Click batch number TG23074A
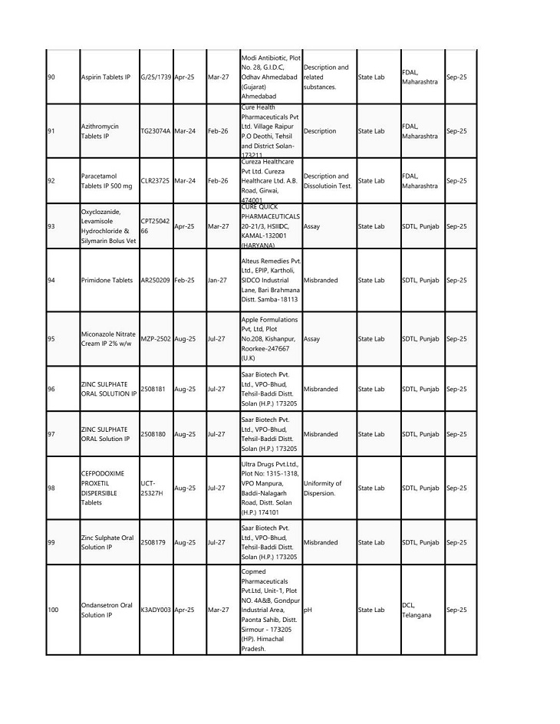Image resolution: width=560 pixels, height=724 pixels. coord(156,131)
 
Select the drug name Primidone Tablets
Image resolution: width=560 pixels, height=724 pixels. coord(107,281)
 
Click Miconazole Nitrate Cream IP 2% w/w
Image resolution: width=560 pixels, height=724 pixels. coord(107,338)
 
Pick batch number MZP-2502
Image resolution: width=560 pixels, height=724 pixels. coord(156,338)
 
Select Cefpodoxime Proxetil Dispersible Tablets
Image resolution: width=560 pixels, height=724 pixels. coord(102,488)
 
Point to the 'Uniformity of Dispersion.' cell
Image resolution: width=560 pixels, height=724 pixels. coord(323,488)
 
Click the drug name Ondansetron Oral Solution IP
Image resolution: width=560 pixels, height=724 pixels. coord(107,610)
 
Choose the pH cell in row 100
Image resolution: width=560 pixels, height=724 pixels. coord(307,610)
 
